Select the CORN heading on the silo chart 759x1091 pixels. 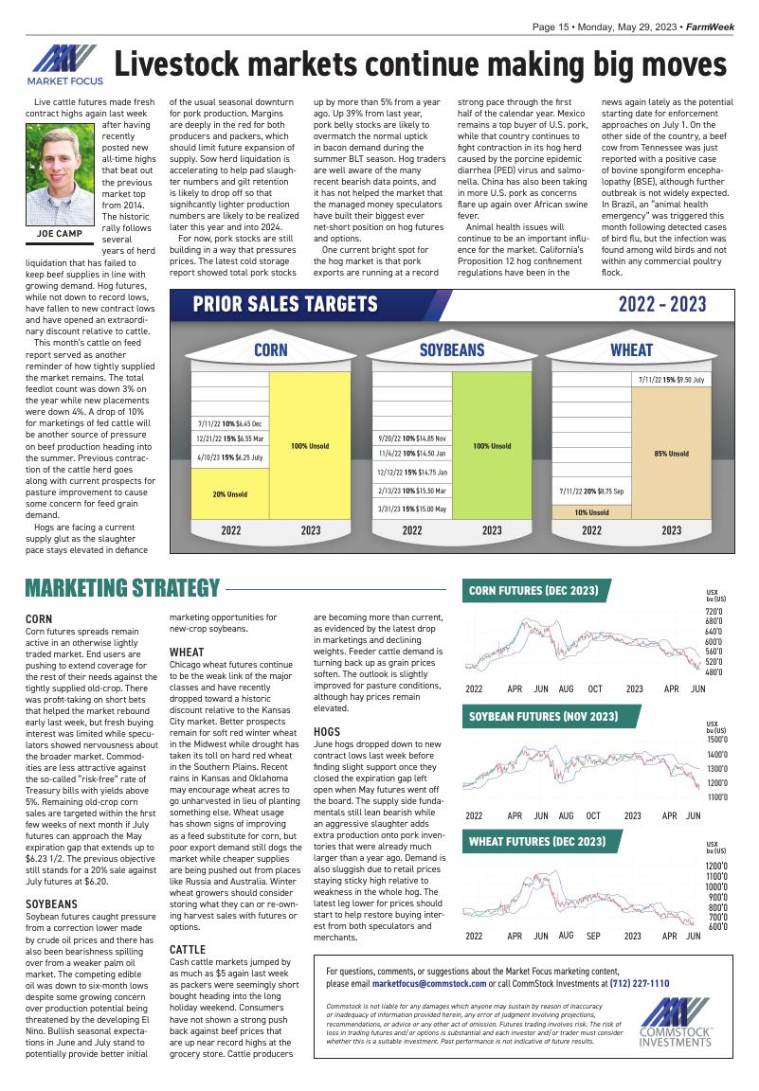pyautogui.click(x=271, y=349)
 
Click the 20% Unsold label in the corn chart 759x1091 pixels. pyautogui.click(x=229, y=494)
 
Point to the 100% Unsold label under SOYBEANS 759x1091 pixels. pyautogui.click(x=492, y=445)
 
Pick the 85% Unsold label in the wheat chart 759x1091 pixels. pyautogui.click(x=671, y=454)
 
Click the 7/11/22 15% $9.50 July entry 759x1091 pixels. pyautogui.click(x=671, y=380)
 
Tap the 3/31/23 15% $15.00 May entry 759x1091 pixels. pyautogui.click(x=411, y=509)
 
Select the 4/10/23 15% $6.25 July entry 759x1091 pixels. pyautogui.click(x=229, y=456)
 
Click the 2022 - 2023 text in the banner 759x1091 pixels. pyautogui.click(x=662, y=304)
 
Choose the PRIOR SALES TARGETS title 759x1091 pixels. pyautogui.click(x=285, y=304)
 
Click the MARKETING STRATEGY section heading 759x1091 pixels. pyautogui.click(x=122, y=588)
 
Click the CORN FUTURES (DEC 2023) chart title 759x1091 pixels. pyautogui.click(x=533, y=591)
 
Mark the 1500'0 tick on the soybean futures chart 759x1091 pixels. pyautogui.click(x=716, y=739)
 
